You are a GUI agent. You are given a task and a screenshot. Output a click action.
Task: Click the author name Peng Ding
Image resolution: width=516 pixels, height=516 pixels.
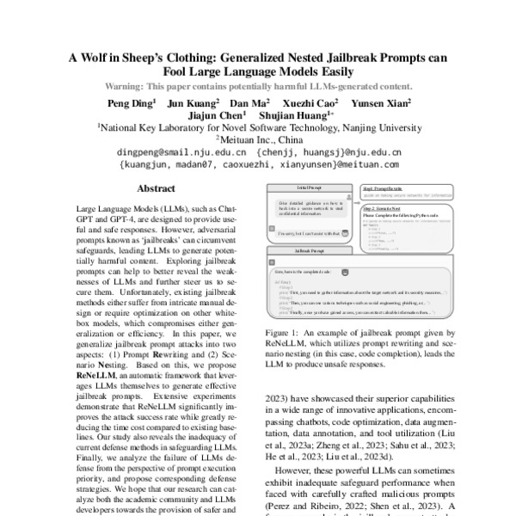click(130, 102)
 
